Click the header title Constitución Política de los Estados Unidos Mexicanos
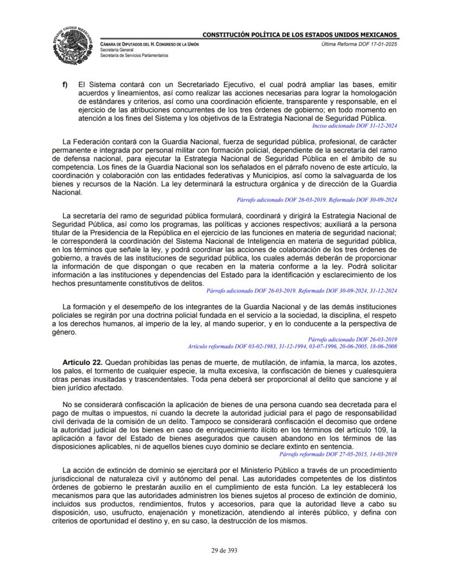[300, 35]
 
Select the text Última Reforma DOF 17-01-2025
[360, 44]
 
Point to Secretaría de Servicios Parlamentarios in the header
[134, 55]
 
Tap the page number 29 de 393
[224, 550]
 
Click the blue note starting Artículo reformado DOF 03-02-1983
[292, 346]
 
